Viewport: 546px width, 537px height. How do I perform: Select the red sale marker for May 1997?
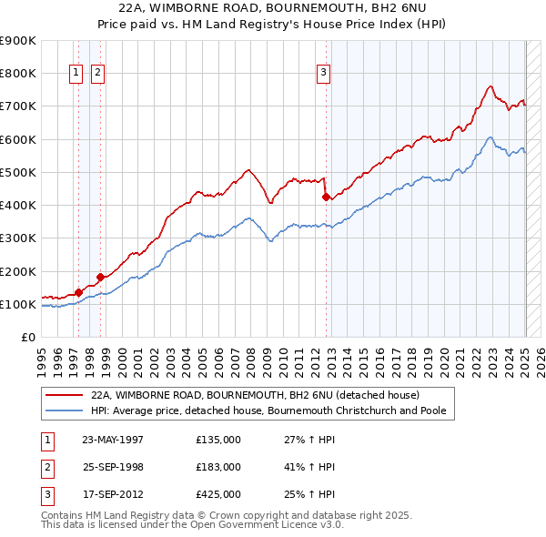(79, 292)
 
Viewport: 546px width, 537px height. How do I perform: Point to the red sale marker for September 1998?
(100, 277)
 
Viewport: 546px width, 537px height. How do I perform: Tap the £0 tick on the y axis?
(27, 337)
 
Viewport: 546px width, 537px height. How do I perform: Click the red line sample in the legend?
(64, 395)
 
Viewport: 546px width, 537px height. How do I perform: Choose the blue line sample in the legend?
(64, 411)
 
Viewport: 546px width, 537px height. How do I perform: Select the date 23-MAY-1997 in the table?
(113, 439)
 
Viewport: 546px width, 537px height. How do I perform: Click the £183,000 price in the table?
(218, 466)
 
